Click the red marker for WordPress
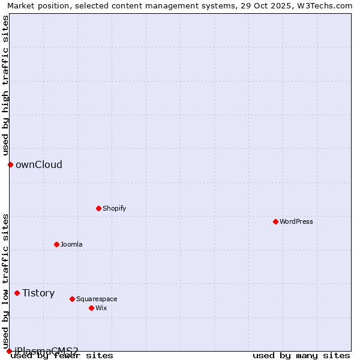pos(275,221)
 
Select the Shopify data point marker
pos(98,208)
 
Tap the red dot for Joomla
pos(56,244)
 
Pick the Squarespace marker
pos(72,299)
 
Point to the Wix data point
pos(91,308)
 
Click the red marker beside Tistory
pos(17,293)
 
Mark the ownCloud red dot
pos(10,164)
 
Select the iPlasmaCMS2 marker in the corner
pos(9,351)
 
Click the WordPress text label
pos(296,221)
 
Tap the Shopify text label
pos(114,208)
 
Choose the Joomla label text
pos(71,244)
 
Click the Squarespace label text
pos(97,299)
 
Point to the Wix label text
pos(101,308)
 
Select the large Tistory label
pos(38,293)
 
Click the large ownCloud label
pos(39,164)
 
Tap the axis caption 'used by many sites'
pos(301,356)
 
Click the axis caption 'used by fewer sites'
pos(62,356)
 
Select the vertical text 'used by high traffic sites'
pos(5,85)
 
